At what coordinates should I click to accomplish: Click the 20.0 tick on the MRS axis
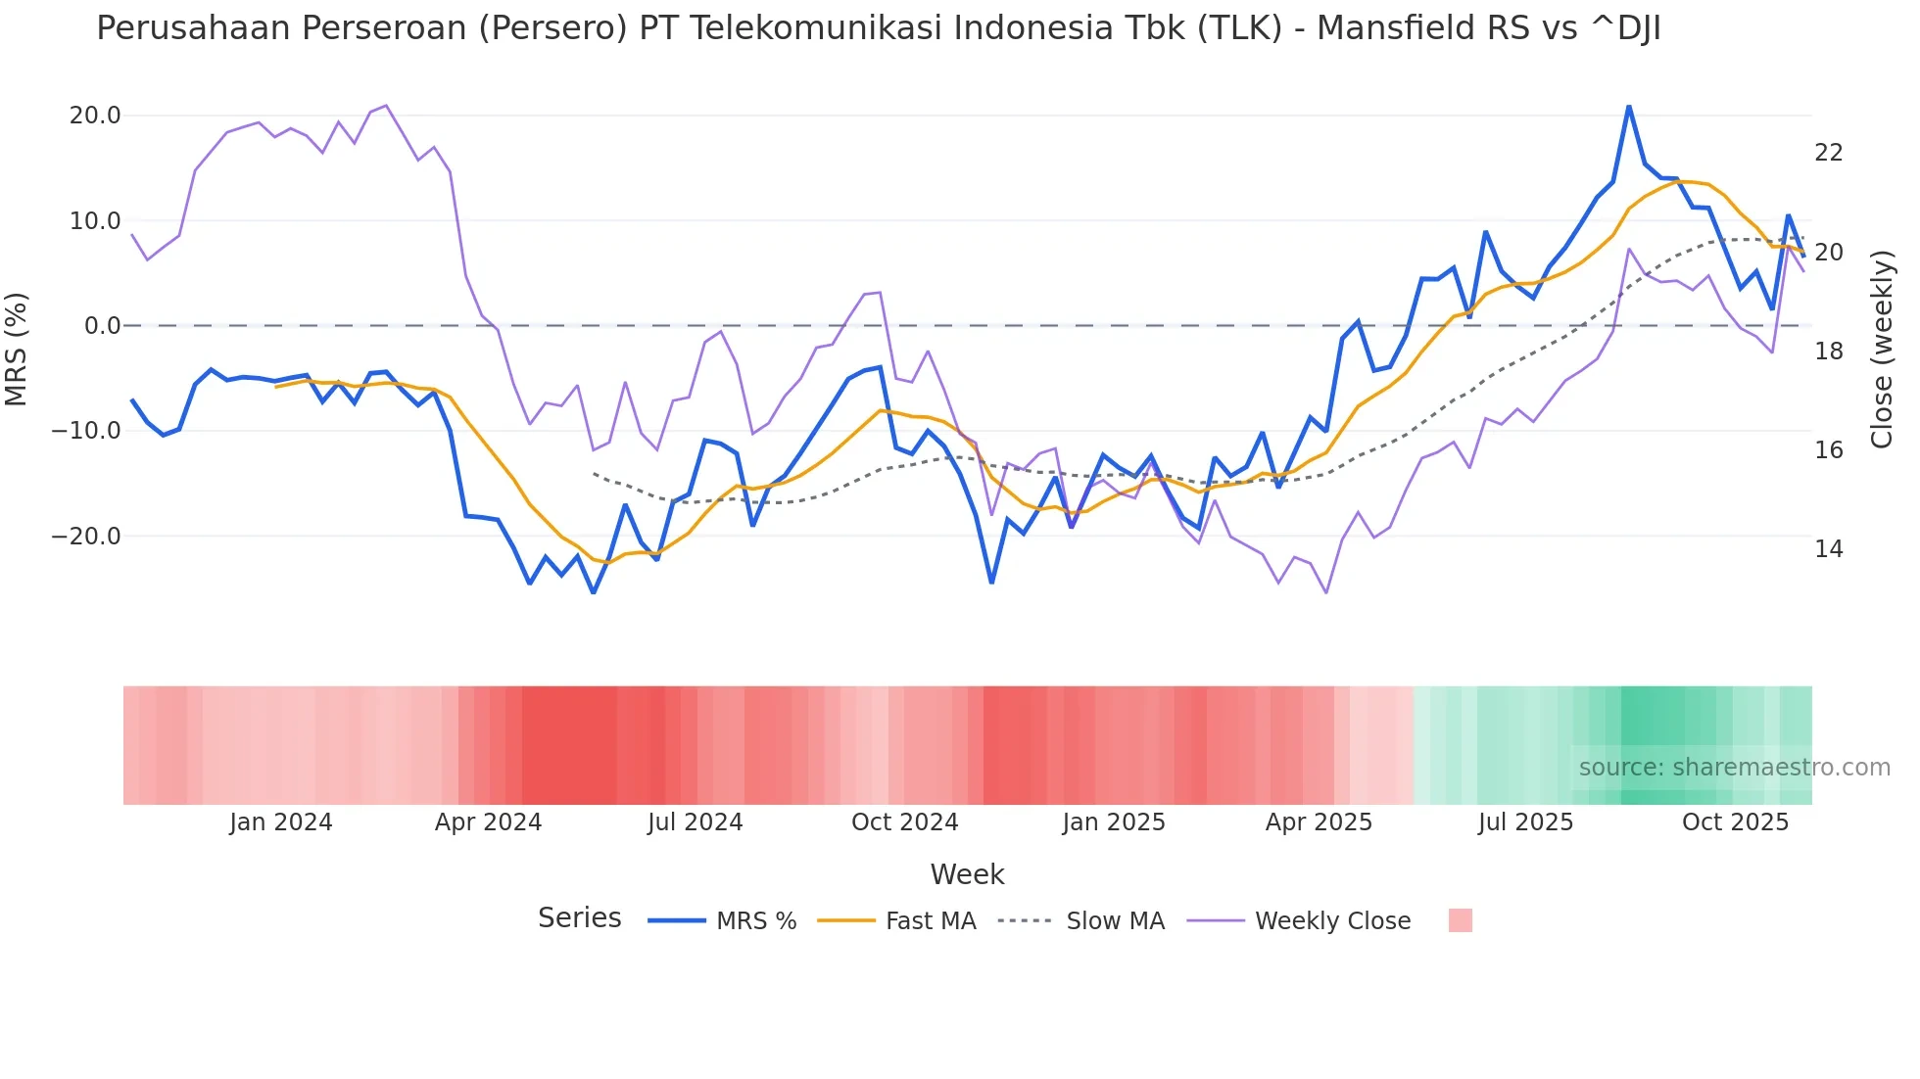[95, 116]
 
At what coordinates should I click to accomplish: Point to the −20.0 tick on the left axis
[86, 537]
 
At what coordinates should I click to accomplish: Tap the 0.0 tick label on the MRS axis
[102, 326]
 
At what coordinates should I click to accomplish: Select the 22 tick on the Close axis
[1828, 153]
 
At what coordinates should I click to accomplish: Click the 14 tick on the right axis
[1828, 549]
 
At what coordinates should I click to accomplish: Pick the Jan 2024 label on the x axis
[281, 822]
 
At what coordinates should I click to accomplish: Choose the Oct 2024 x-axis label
[904, 822]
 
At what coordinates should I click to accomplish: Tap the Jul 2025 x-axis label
[1525, 822]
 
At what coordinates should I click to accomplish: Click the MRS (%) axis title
[17, 349]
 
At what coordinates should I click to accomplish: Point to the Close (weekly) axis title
[1881, 350]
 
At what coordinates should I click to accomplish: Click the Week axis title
[967, 874]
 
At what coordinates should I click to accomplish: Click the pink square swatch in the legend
[1460, 920]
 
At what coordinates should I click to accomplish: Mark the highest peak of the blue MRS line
[1629, 107]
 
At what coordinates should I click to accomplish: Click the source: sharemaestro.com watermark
[1734, 768]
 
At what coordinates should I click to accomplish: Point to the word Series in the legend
[579, 918]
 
